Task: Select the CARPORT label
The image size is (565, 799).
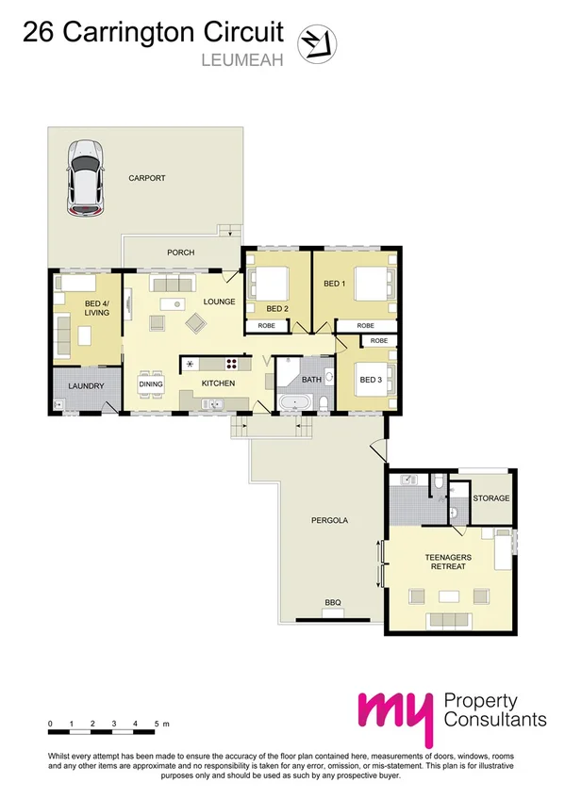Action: [x=149, y=177]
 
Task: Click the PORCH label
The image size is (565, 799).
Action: [x=180, y=253]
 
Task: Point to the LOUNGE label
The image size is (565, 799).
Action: [x=219, y=302]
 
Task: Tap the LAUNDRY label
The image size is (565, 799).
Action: [x=85, y=384]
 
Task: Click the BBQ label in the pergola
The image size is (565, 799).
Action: [x=332, y=601]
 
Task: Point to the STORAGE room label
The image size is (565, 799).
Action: [x=490, y=497]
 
